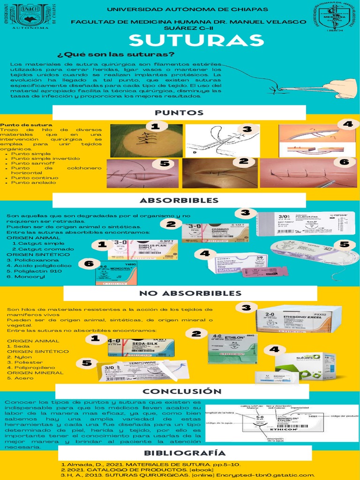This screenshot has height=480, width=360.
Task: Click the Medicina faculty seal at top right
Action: (335, 18)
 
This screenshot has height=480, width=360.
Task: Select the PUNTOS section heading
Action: (179, 112)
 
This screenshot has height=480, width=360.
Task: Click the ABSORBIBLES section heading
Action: (179, 200)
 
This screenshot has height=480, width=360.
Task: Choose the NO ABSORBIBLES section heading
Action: (190, 293)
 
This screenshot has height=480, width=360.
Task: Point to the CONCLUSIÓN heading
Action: (182, 391)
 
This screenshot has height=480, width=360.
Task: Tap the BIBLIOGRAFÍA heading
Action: (185, 453)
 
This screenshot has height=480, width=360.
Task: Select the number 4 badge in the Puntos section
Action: (347, 124)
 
